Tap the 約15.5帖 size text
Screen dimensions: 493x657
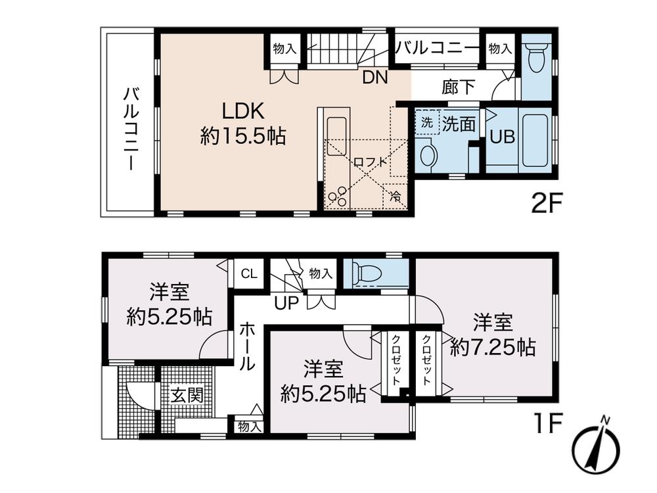pos(242,136)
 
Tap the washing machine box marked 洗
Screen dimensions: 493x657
pos(426,122)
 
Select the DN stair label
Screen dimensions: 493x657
pos(375,77)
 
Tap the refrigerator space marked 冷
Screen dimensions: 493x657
pos(395,196)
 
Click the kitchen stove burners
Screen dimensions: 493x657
pos(337,196)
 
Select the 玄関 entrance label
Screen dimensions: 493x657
pos(187,396)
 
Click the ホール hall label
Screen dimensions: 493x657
pos(248,347)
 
